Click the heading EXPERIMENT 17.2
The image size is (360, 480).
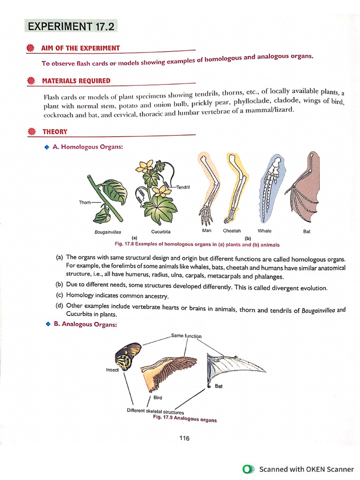[71, 26]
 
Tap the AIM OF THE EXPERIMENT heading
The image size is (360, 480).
[81, 48]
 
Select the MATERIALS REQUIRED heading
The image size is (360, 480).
[76, 81]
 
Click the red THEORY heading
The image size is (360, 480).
[55, 132]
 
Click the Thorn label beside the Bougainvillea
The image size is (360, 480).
[85, 202]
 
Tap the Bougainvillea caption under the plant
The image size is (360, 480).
[108, 232]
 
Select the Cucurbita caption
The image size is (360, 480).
[161, 232]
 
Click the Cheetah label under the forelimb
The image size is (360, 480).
[232, 231]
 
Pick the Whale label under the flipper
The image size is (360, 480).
[264, 231]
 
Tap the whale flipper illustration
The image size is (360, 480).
[270, 190]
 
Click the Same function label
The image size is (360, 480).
[186, 336]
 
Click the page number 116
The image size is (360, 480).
[184, 438]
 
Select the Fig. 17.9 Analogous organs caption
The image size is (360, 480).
[185, 418]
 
